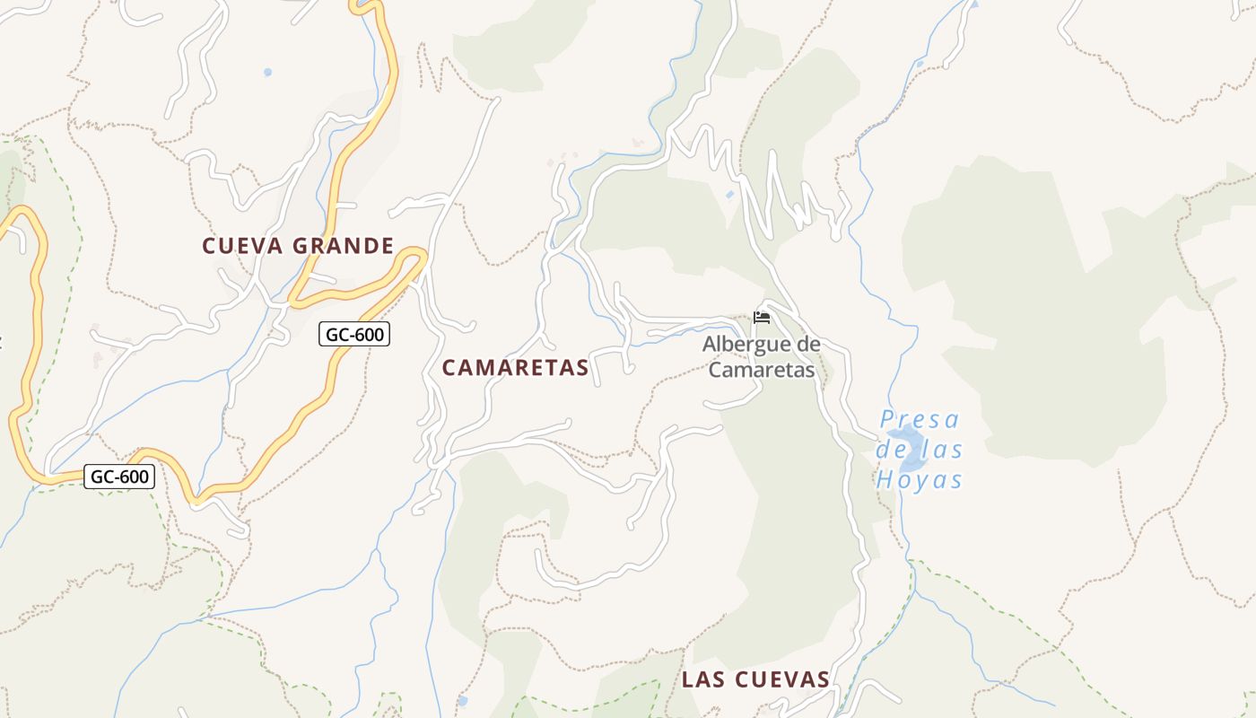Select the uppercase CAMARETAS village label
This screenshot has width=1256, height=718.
(x=515, y=367)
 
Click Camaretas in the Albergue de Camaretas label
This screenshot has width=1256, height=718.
(x=762, y=369)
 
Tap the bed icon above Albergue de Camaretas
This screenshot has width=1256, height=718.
(x=762, y=318)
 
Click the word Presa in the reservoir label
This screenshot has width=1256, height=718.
(x=920, y=419)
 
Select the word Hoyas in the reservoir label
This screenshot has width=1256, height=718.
(x=920, y=480)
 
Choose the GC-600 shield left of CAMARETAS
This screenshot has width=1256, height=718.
(x=354, y=335)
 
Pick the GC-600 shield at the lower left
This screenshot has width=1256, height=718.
(x=119, y=477)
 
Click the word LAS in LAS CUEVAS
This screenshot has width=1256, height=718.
(x=702, y=679)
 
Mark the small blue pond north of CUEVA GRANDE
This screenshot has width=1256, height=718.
(x=267, y=72)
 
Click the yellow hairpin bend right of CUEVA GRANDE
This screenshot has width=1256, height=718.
(x=415, y=257)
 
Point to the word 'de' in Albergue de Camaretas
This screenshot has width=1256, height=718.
(x=807, y=344)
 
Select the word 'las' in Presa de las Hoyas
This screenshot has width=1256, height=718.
(x=944, y=450)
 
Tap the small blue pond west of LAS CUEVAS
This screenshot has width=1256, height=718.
(x=462, y=700)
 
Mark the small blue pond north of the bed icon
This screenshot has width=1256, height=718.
(x=729, y=194)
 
